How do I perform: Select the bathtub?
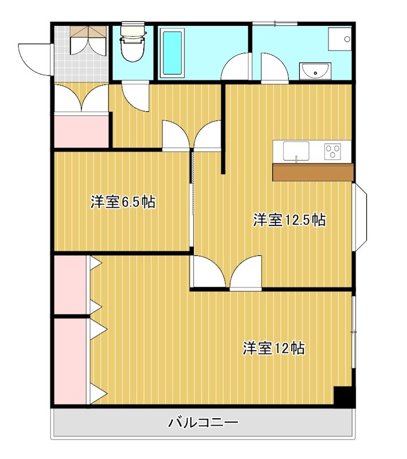tap(171, 53)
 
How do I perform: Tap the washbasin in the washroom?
tap(314, 71)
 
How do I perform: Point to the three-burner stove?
tap(332, 151)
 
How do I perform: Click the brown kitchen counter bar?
tap(312, 172)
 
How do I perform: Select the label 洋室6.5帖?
tap(123, 202)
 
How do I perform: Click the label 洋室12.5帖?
tap(289, 220)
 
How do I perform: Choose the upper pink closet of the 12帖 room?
tap(71, 285)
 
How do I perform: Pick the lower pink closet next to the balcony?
tap(71, 361)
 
